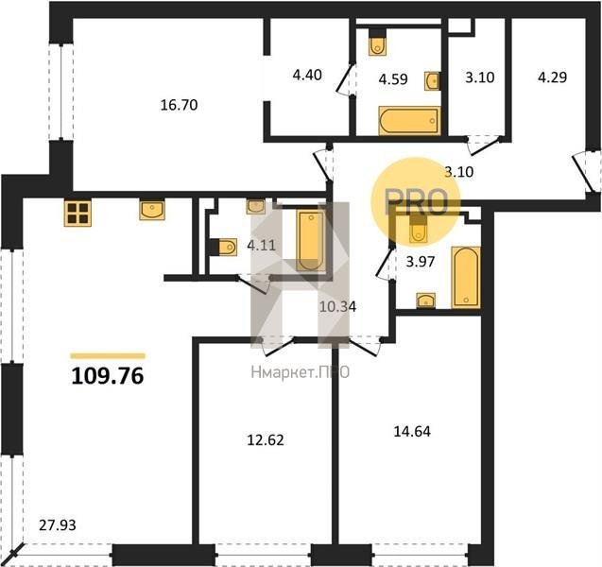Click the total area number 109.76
tap(108, 376)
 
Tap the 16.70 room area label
tap(179, 105)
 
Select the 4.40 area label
tap(307, 75)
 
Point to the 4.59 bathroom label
tap(393, 79)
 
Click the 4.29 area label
tap(552, 77)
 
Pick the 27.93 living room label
tap(58, 524)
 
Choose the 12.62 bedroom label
tap(266, 440)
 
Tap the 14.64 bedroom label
tap(412, 432)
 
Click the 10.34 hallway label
tap(338, 306)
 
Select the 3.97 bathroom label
tap(421, 262)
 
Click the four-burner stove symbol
tap(77, 214)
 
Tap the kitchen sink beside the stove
tap(152, 209)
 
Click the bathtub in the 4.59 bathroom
tap(408, 121)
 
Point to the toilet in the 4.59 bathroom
tap(377, 43)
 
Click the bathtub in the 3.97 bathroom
tap(466, 277)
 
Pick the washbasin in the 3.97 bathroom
tap(426, 301)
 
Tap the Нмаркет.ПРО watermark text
tap(301, 372)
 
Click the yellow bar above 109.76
tap(108, 356)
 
